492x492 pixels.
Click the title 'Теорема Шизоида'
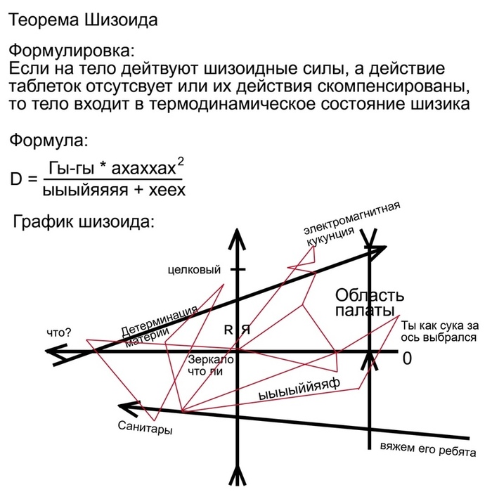[x=83, y=20]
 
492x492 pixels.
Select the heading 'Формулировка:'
[x=70, y=52]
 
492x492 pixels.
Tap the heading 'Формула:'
[x=48, y=141]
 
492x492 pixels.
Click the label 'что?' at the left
[x=59, y=332]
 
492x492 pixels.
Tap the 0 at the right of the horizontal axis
[x=406, y=358]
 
